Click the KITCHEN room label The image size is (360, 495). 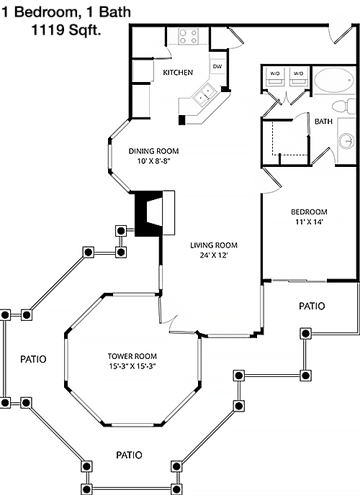[178, 72]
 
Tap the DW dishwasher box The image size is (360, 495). [217, 66]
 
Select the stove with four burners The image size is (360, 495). [188, 36]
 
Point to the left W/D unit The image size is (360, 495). [274, 77]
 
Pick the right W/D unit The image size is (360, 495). [298, 77]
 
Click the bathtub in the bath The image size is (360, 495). [334, 80]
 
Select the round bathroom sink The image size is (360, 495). [347, 141]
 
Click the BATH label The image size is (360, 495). [323, 121]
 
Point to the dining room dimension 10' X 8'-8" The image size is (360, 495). [154, 161]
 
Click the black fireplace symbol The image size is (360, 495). [149, 214]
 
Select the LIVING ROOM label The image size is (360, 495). [214, 245]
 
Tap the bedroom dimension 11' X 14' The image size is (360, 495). [310, 222]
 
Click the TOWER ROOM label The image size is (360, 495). [132, 356]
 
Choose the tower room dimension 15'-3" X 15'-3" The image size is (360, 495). [132, 366]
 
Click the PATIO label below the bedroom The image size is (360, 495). [312, 306]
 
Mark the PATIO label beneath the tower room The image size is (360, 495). [129, 455]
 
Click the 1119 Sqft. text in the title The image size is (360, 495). [66, 30]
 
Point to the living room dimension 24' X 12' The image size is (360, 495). [214, 255]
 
